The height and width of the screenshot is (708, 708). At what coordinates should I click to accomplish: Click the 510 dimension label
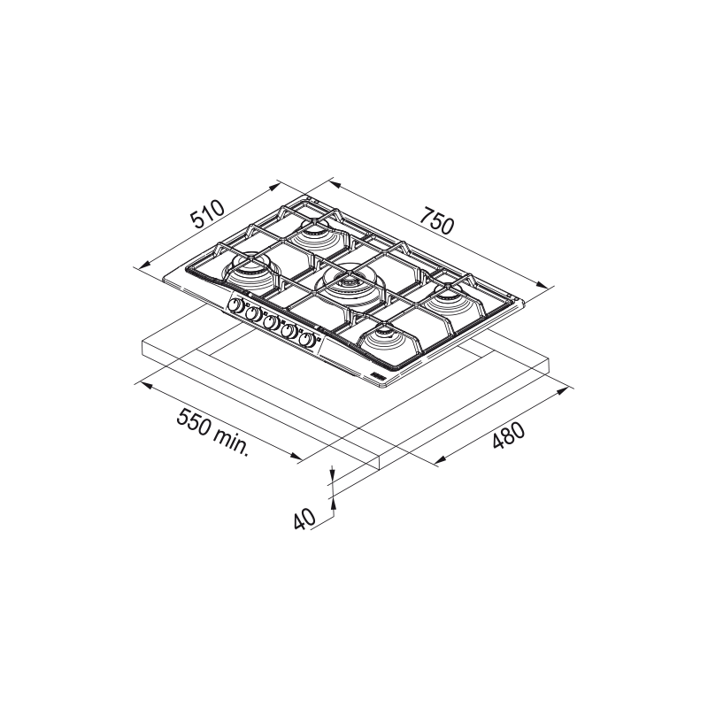[207, 213]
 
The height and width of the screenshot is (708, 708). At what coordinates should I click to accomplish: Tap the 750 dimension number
[436, 220]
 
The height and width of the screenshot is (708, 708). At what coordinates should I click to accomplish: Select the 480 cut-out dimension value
[508, 435]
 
